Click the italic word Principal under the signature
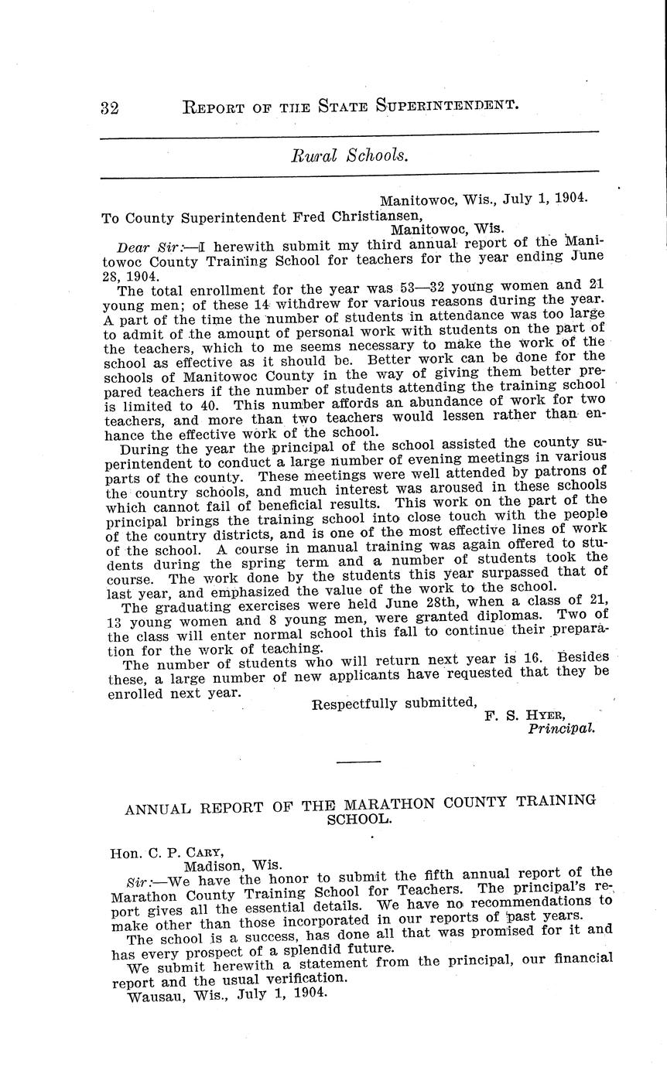tap(562, 728)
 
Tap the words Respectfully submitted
tap(393, 703)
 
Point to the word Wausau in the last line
tap(154, 997)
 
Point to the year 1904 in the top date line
tap(573, 197)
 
